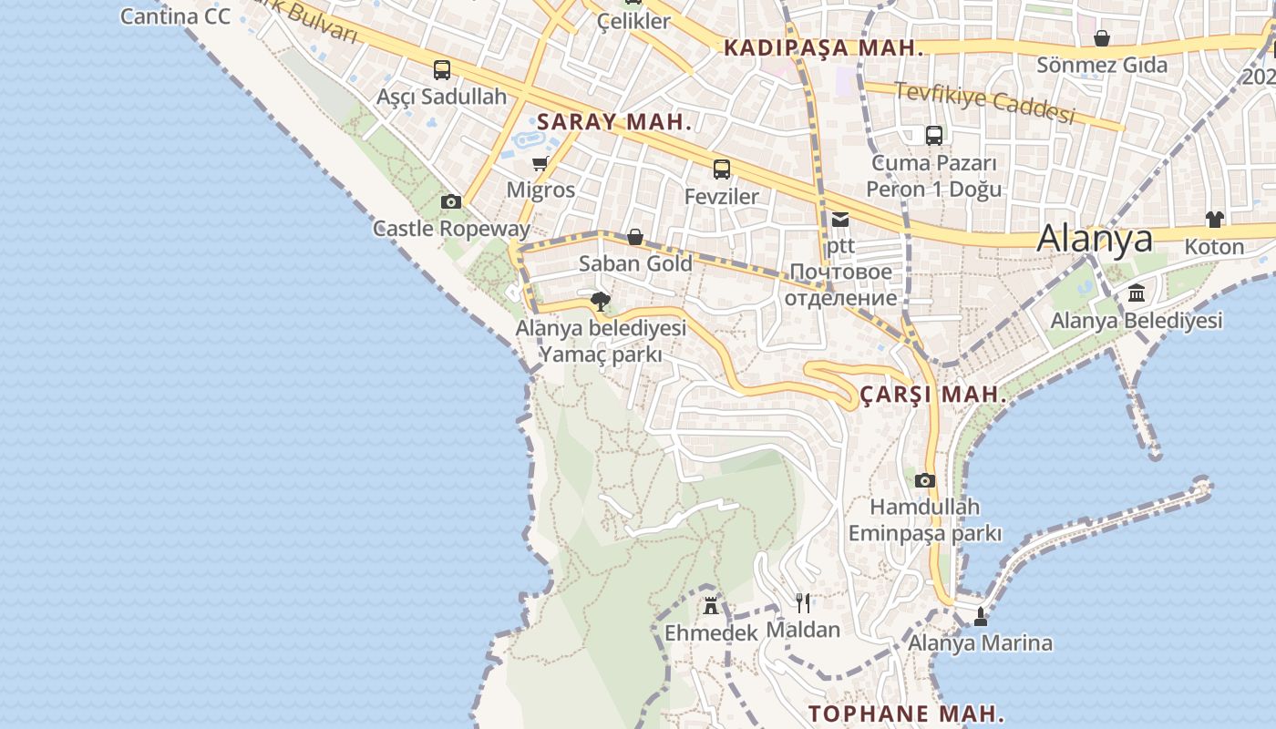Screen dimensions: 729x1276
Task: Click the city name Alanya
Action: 1095,238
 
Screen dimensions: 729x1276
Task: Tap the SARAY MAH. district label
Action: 614,122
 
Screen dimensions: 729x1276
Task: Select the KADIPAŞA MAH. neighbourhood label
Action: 823,48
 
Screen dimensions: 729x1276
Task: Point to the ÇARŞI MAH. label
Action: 933,395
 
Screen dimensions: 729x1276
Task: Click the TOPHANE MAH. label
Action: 906,713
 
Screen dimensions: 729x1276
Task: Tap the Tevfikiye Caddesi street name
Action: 984,103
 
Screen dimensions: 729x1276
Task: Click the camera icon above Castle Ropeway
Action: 450,201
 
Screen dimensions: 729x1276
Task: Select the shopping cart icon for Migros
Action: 540,164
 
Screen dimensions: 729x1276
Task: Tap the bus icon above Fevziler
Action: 722,169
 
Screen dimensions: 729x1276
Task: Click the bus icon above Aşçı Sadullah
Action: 442,70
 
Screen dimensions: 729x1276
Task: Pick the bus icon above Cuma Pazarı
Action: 934,136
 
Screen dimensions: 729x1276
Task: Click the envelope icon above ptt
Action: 839,219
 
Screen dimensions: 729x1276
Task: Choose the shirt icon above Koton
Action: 1214,219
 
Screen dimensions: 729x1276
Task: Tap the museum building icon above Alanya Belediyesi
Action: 1137,293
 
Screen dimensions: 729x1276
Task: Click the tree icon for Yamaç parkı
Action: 600,301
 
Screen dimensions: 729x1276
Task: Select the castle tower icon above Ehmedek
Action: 711,605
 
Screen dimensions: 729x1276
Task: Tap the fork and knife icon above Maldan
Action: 803,602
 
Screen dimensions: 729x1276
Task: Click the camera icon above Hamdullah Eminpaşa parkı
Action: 925,480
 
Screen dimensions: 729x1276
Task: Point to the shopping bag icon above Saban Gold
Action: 635,238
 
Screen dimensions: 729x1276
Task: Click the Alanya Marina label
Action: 980,643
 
